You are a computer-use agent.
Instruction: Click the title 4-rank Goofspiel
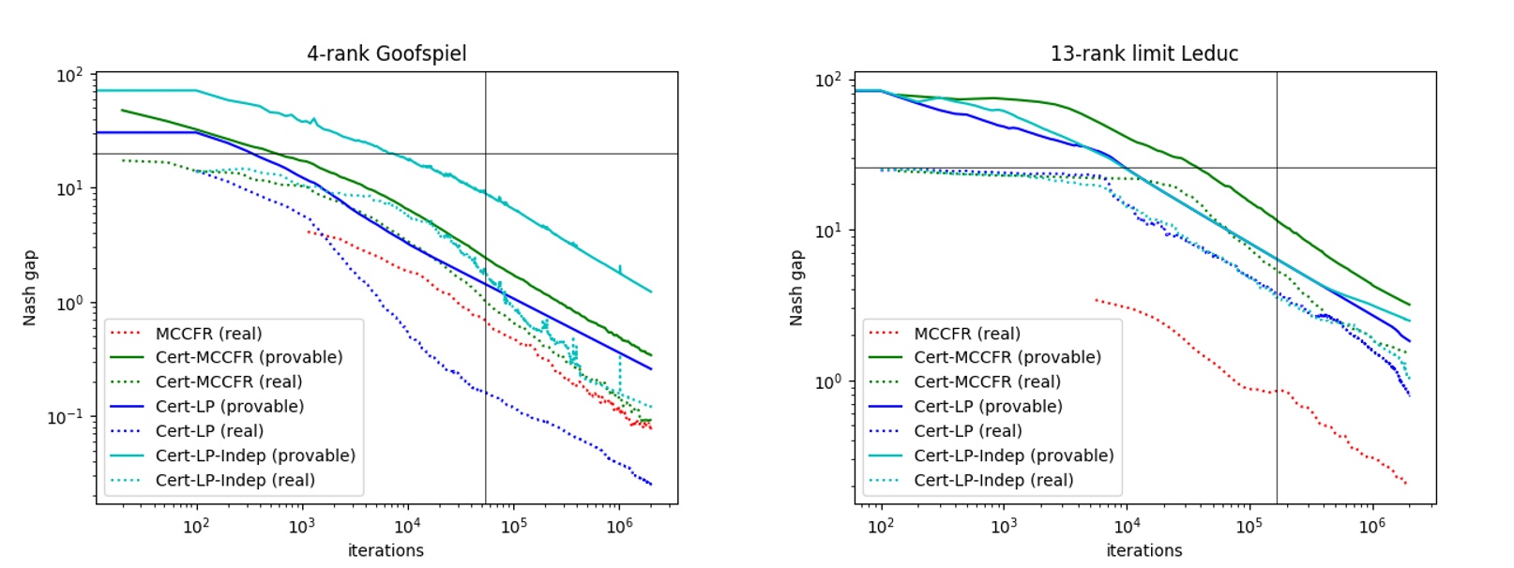(386, 53)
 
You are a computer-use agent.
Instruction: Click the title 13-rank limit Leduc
(1144, 53)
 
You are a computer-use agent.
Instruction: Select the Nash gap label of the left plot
(30, 288)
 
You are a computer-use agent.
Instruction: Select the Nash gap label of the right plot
(796, 288)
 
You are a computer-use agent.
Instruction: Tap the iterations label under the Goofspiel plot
(386, 550)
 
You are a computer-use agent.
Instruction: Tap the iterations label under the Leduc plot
(1144, 550)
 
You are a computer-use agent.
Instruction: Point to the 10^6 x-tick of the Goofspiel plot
(619, 527)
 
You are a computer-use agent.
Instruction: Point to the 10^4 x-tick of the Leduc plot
(1127, 527)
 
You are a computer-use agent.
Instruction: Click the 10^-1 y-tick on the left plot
(65, 417)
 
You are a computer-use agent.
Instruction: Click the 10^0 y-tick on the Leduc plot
(828, 382)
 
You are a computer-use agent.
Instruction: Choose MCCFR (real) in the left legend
(208, 334)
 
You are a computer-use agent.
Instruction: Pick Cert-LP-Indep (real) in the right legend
(993, 480)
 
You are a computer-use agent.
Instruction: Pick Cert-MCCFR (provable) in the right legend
(1007, 357)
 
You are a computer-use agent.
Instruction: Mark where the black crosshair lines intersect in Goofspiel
(485, 153)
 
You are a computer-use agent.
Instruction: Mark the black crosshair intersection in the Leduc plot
(1277, 168)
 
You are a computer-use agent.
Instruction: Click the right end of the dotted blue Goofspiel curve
(651, 484)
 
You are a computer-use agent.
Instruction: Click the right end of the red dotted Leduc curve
(1407, 484)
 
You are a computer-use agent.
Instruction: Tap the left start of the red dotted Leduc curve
(1096, 300)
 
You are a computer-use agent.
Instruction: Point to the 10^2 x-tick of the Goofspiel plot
(196, 527)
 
